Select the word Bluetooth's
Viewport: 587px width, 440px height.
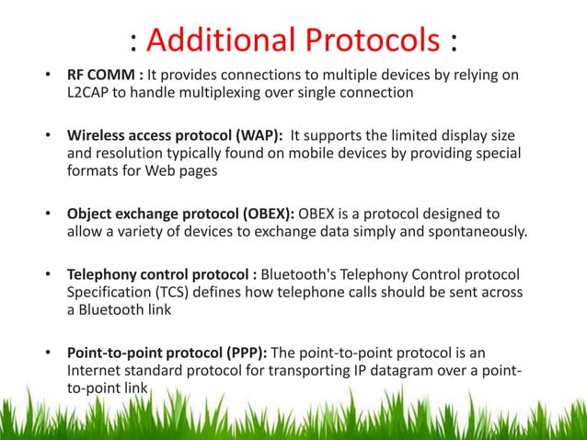click(x=304, y=274)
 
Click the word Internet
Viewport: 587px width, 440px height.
click(x=99, y=371)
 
